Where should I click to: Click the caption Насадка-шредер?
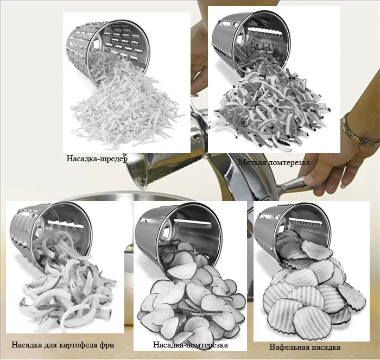(97, 159)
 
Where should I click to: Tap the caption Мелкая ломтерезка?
(274, 162)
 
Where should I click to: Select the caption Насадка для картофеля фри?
(63, 345)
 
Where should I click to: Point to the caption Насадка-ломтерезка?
(190, 345)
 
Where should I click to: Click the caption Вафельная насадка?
(305, 347)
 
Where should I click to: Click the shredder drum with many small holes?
(108, 48)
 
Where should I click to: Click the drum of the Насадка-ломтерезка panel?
(178, 233)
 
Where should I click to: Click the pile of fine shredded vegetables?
(126, 109)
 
